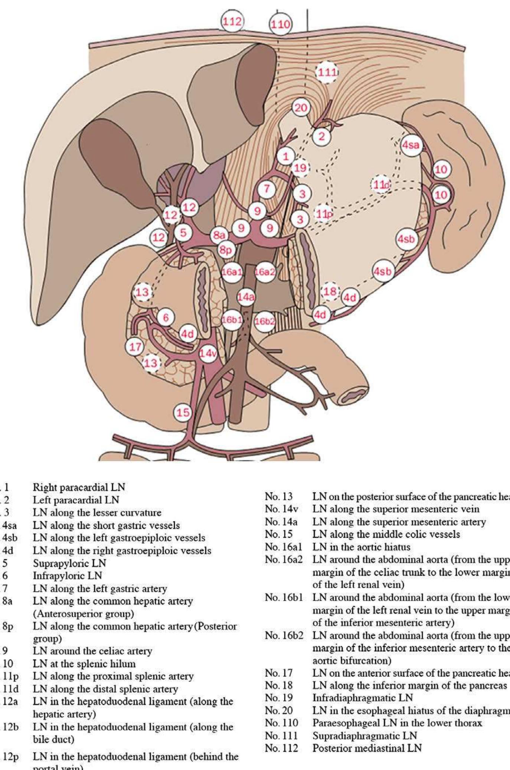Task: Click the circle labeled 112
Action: point(232,21)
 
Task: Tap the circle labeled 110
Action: point(280,24)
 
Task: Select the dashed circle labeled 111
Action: point(327,72)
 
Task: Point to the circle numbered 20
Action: point(301,108)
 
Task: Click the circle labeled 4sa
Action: point(411,145)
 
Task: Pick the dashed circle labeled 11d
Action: point(381,184)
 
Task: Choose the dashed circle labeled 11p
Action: point(323,214)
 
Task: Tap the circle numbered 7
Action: point(267,189)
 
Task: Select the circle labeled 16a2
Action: point(265,272)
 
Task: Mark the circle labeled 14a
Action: point(246,297)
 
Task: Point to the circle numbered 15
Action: point(183,412)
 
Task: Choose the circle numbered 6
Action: point(166,318)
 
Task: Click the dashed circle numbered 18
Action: point(330,291)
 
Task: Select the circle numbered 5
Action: point(183,233)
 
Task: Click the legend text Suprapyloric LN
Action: point(70,563)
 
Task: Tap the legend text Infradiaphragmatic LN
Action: point(363,698)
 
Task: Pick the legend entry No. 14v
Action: point(281,509)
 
